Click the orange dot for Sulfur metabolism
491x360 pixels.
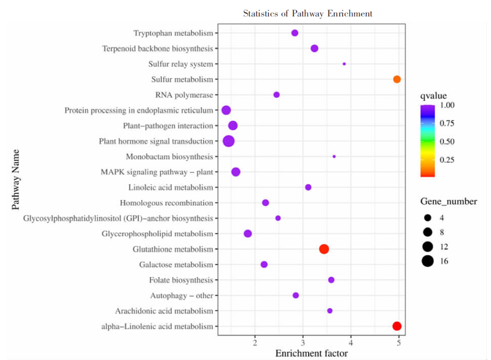pyautogui.click(x=397, y=80)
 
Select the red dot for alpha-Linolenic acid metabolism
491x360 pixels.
pyautogui.click(x=397, y=326)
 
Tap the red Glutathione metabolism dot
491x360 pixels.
pyautogui.click(x=324, y=249)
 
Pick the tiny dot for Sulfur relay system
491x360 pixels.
pyautogui.click(x=344, y=64)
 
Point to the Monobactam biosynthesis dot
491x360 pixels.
pyautogui.click(x=334, y=157)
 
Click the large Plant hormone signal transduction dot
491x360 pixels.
pyautogui.click(x=229, y=141)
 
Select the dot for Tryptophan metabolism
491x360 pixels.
pyautogui.click(x=295, y=33)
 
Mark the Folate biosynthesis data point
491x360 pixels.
pyautogui.click(x=331, y=280)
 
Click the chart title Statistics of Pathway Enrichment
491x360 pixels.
pyautogui.click(x=308, y=14)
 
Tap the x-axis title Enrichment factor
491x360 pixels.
pyautogui.click(x=312, y=353)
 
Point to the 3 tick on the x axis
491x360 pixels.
pyautogui.click(x=303, y=343)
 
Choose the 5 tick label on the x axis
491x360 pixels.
pyautogui.click(x=399, y=343)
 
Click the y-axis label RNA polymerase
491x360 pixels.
pyautogui.click(x=184, y=95)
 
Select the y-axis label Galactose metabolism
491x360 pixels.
pyautogui.click(x=176, y=265)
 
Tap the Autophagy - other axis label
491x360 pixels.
pyautogui.click(x=182, y=296)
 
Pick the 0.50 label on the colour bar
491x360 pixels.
pyautogui.click(x=447, y=141)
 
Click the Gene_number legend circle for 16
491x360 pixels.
pyautogui.click(x=427, y=261)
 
